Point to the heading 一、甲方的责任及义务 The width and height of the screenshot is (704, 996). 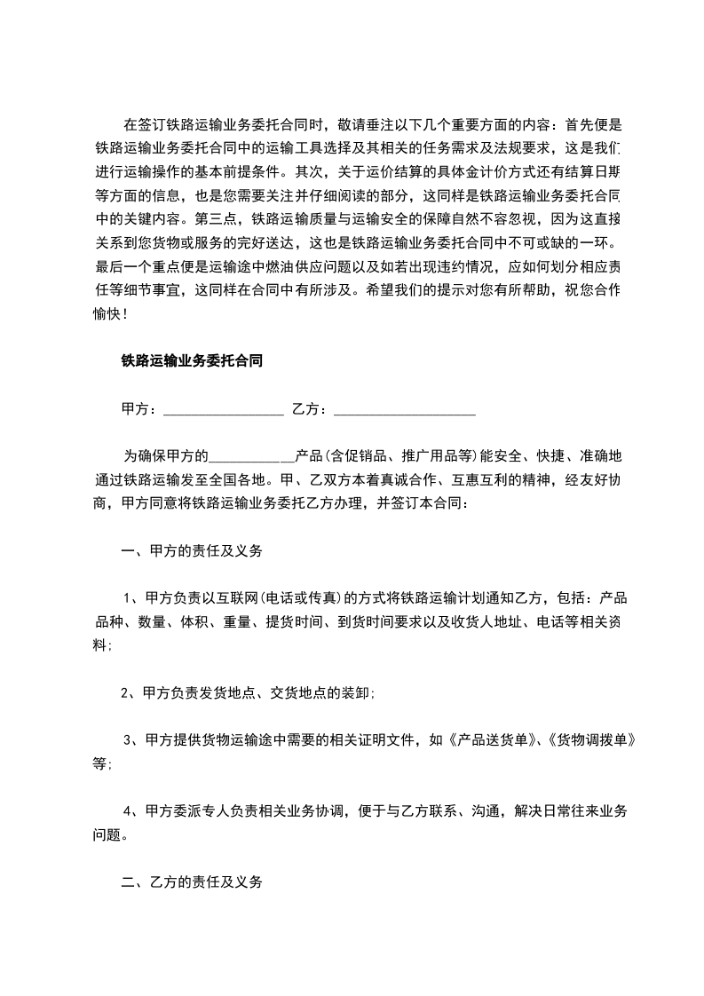[x=191, y=551]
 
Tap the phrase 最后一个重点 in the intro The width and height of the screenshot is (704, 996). [x=137, y=266]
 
